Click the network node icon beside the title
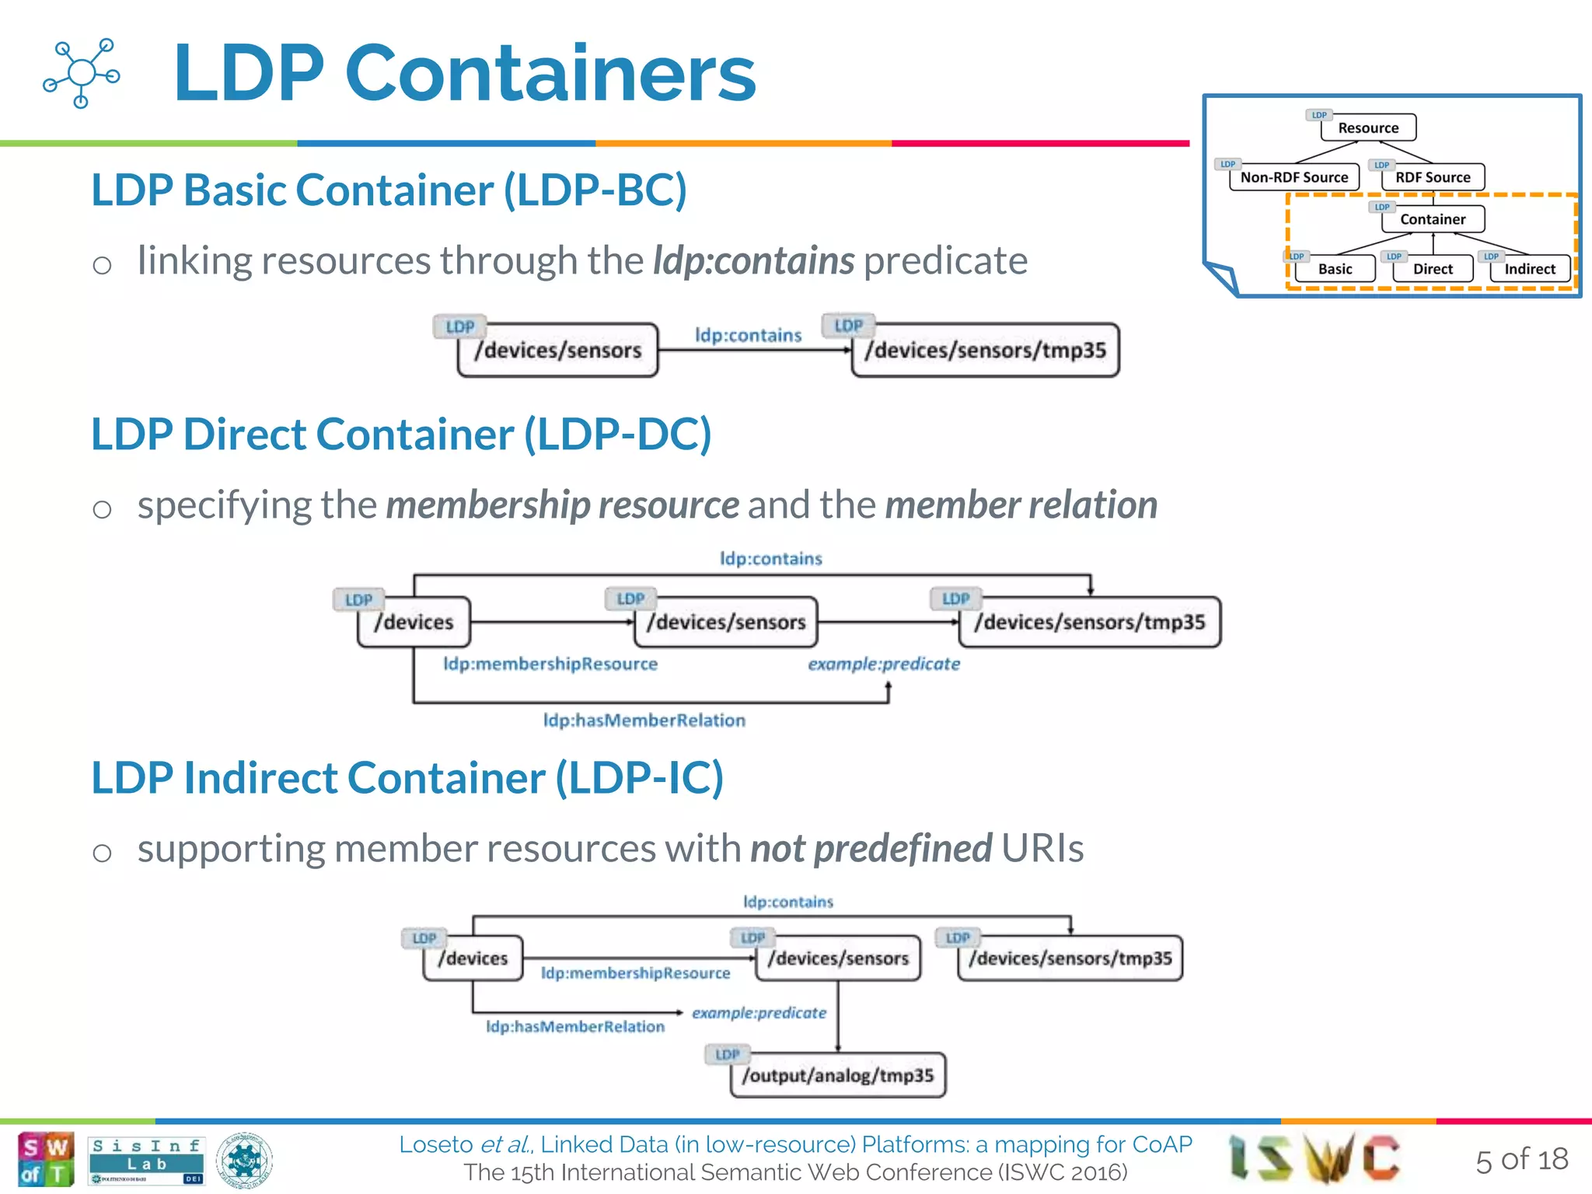[x=82, y=73]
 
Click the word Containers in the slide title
[x=550, y=73]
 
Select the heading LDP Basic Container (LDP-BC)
[x=389, y=190]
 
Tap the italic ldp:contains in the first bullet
[x=752, y=260]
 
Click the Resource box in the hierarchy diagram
[x=1368, y=127]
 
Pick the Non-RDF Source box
[x=1293, y=177]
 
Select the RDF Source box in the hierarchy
[x=1432, y=177]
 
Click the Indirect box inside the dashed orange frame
[x=1529, y=269]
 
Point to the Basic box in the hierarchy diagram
[x=1335, y=269]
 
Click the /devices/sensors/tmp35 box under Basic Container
[x=985, y=351]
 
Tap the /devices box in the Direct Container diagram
[x=414, y=622]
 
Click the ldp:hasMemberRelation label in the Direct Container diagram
[x=644, y=721]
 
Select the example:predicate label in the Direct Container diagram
[x=883, y=664]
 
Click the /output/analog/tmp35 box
[x=837, y=1075]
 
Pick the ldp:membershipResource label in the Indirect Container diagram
[x=635, y=973]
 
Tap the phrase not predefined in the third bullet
[x=870, y=848]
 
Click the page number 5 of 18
[x=1521, y=1159]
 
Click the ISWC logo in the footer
[x=1314, y=1157]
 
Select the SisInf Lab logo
[x=146, y=1159]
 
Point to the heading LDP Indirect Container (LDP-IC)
[x=407, y=777]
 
